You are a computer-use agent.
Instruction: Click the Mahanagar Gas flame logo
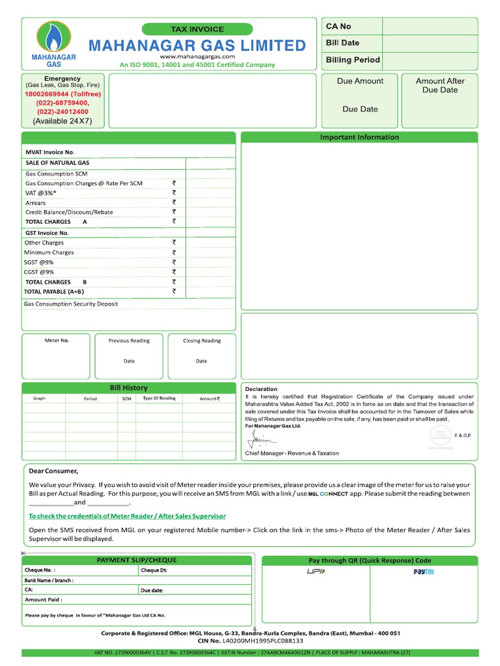coord(54,38)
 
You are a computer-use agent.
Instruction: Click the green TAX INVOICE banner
coord(197,29)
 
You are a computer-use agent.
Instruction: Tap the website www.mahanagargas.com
coord(197,57)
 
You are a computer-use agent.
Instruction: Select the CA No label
coord(339,26)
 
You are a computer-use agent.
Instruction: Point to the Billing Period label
coord(353,60)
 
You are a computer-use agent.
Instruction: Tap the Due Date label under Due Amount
coord(360,109)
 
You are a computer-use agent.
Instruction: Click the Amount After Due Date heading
coord(440,85)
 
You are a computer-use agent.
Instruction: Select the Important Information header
coord(359,137)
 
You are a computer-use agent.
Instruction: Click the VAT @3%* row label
coord(40,193)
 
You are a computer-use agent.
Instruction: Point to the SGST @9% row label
coord(39,262)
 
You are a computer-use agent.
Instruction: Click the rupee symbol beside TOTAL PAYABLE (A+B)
coord(174,291)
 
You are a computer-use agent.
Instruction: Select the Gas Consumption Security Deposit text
coord(71,304)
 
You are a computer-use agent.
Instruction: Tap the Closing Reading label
coord(202,341)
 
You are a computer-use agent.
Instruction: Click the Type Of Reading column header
coord(159,398)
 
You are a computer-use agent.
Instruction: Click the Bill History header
coord(128,388)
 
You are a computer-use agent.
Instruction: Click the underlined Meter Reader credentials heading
coord(127,516)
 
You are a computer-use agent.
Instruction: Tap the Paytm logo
coord(423,572)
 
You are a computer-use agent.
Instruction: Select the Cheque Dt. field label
coord(154,570)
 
